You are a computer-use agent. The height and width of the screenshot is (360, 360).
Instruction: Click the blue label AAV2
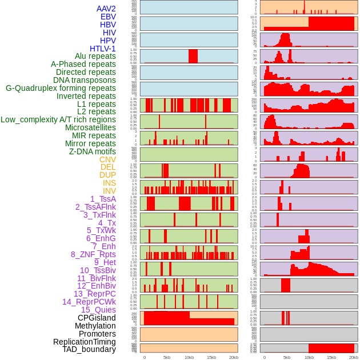tap(106, 9)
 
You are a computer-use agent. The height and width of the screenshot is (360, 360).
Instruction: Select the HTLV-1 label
tap(102, 49)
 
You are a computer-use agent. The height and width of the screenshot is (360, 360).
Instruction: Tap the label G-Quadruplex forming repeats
tap(61, 88)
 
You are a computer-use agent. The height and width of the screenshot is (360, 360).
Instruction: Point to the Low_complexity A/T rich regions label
tap(58, 119)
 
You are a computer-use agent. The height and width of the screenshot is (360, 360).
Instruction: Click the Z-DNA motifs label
tap(92, 151)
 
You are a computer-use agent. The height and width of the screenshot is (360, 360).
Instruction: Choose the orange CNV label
tap(107, 159)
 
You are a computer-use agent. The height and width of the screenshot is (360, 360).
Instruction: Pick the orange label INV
tap(109, 191)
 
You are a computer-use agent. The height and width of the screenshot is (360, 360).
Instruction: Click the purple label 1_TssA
tap(103, 199)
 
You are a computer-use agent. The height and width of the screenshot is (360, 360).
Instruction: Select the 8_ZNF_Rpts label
tap(93, 254)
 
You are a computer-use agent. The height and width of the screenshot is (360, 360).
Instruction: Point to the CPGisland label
tap(97, 318)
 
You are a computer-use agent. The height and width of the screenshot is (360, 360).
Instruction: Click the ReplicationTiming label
tap(84, 342)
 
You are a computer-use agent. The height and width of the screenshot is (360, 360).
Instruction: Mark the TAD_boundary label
tap(89, 349)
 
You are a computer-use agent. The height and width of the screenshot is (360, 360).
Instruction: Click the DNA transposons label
tap(84, 80)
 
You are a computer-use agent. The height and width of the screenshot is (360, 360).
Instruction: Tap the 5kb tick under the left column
tap(167, 357)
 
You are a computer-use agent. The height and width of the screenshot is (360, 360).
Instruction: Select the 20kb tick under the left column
tap(233, 357)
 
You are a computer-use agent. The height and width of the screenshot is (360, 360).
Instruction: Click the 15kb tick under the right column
tap(331, 357)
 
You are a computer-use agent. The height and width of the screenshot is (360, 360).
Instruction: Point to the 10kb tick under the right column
tap(309, 357)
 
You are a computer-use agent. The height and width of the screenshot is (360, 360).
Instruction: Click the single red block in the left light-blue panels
tap(193, 56)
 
